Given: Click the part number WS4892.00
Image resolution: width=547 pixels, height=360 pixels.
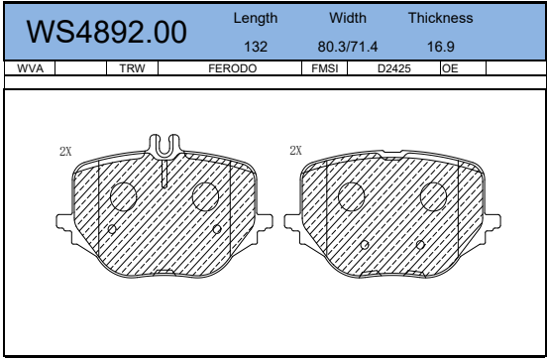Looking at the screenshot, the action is click(x=106, y=32).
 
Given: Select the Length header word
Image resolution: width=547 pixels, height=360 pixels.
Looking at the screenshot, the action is click(x=256, y=19).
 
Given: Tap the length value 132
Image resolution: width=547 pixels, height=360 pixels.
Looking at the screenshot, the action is click(x=256, y=47).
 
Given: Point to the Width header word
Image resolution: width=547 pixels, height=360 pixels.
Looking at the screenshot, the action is click(x=348, y=18).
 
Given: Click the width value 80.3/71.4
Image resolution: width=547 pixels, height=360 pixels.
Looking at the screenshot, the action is click(x=348, y=47).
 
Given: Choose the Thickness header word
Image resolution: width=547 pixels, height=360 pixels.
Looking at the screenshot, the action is click(x=441, y=18).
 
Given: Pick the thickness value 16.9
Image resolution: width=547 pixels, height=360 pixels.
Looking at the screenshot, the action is click(x=441, y=47).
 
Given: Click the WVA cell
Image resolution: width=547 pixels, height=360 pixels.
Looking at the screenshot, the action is click(x=30, y=68).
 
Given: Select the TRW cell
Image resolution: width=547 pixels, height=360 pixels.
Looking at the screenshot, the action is click(x=132, y=68).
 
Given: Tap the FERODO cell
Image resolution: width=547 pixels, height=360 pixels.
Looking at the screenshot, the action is click(x=232, y=68).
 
